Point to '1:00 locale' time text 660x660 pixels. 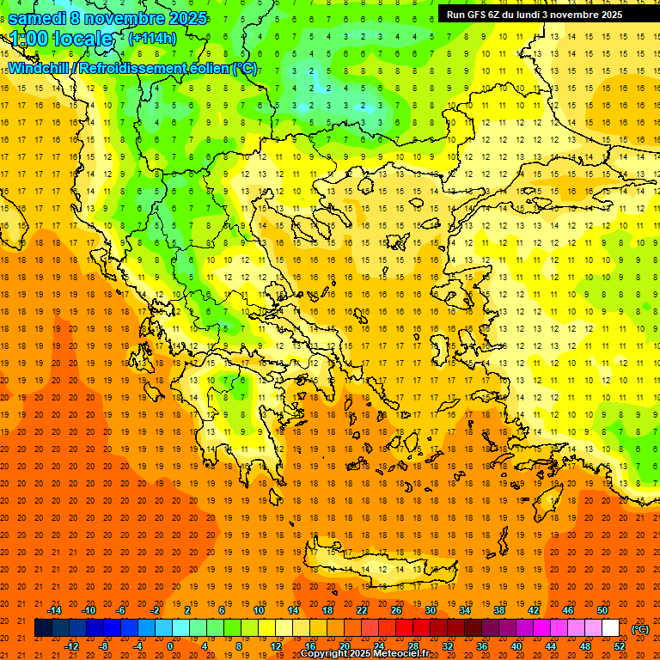click(x=61, y=39)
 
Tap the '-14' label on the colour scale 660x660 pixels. click(x=54, y=609)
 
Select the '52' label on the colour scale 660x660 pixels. click(x=620, y=645)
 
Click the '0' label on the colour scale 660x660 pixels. click(x=169, y=645)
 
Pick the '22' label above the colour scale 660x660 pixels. click(x=362, y=609)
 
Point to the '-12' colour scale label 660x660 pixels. click(x=71, y=645)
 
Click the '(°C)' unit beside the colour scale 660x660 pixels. click(x=640, y=628)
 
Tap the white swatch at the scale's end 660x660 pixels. click(x=610, y=628)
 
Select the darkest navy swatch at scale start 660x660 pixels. click(x=43, y=628)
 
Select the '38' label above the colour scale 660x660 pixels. click(x=499, y=609)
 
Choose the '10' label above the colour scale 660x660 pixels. click(x=259, y=609)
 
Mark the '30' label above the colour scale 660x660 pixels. click(x=431, y=609)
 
